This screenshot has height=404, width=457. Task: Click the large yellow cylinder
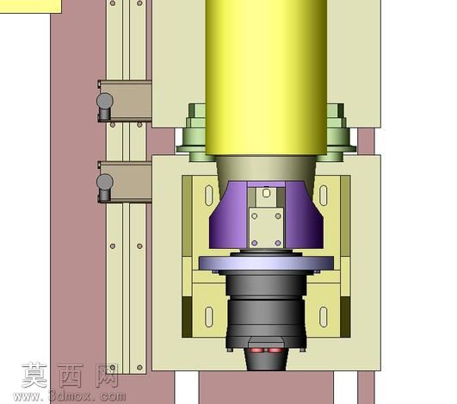tap(266, 78)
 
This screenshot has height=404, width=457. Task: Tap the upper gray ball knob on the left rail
tap(105, 100)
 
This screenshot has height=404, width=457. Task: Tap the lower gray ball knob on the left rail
tap(105, 182)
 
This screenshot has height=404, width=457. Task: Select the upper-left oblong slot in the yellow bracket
tap(209, 196)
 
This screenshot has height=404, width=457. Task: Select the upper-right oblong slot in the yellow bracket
tap(324, 196)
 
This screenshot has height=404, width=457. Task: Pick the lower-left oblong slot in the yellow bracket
tap(209, 316)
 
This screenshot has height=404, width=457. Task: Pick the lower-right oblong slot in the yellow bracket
tap(324, 316)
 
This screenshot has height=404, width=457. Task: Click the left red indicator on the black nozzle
tap(256, 350)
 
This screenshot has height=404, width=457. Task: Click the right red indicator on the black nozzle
tap(275, 350)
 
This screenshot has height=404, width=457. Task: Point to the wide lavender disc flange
tap(267, 263)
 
